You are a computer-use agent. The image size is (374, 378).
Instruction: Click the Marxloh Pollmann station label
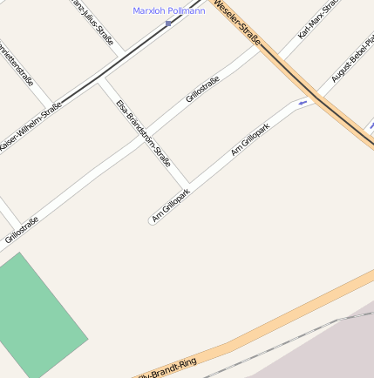click(x=168, y=10)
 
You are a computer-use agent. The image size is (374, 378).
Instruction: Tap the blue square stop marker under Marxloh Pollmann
click(x=168, y=24)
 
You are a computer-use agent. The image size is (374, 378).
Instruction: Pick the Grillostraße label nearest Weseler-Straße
click(x=202, y=90)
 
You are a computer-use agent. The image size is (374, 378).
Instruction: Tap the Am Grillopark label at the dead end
click(x=170, y=206)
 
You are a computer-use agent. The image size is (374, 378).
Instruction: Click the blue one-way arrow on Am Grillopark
click(x=303, y=104)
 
